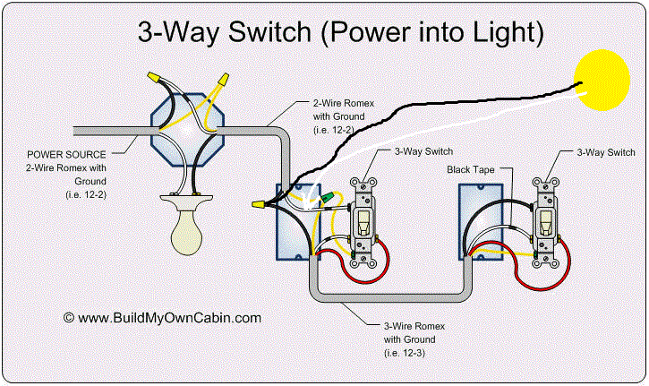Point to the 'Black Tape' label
click(470, 168)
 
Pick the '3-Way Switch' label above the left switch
click(411, 154)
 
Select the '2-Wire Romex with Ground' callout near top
click(343, 115)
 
